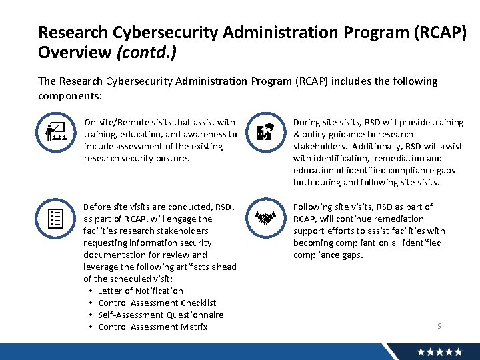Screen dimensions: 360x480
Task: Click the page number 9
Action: (x=439, y=325)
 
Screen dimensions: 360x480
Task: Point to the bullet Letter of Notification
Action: (x=140, y=291)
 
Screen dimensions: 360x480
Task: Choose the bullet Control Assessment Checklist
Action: (x=157, y=303)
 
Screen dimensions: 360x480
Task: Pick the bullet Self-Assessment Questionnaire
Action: (x=161, y=315)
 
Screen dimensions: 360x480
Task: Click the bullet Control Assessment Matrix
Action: (x=153, y=327)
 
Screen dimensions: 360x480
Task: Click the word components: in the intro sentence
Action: (x=70, y=96)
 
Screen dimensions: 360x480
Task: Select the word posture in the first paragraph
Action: (x=172, y=158)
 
